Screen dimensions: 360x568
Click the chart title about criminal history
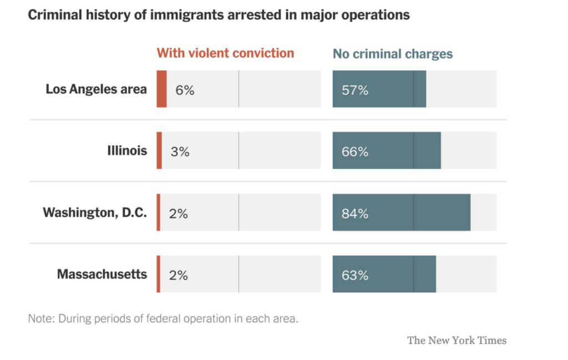pyautogui.click(x=219, y=15)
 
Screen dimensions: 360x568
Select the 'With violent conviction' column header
pyautogui.click(x=225, y=53)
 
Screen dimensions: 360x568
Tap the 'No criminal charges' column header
pyautogui.click(x=393, y=54)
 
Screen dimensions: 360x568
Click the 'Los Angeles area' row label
pyautogui.click(x=96, y=89)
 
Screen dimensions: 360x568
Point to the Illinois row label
pyautogui.click(x=127, y=150)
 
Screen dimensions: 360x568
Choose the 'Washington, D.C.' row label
pyautogui.click(x=95, y=212)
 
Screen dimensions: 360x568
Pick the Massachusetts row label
pyautogui.click(x=102, y=274)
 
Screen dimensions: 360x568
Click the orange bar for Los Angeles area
pyautogui.click(x=161, y=89)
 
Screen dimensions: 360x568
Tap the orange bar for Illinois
pyautogui.click(x=159, y=150)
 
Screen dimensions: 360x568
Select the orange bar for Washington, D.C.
pyautogui.click(x=159, y=212)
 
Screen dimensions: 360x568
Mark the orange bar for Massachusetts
pyautogui.click(x=159, y=274)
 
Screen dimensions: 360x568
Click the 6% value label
pyautogui.click(x=185, y=90)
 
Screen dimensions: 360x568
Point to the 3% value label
pyautogui.click(x=180, y=151)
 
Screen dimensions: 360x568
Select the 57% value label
pyautogui.click(x=355, y=90)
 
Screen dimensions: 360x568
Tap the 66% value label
pyautogui.click(x=355, y=151)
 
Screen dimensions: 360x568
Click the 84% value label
pyautogui.click(x=355, y=214)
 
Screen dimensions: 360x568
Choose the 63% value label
pyautogui.click(x=355, y=275)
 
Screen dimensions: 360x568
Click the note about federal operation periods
pyautogui.click(x=163, y=319)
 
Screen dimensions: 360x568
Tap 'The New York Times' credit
pyautogui.click(x=457, y=340)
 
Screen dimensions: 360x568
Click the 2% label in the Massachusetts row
pyautogui.click(x=179, y=275)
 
